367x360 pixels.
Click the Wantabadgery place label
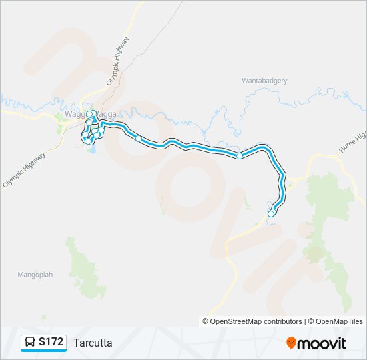point(264,81)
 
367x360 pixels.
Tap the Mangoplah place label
point(34,274)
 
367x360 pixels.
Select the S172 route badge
point(44,342)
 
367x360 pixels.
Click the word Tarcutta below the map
point(93,343)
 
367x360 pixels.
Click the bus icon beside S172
point(31,342)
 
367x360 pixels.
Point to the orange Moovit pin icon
point(291,343)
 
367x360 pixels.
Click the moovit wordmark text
point(322,343)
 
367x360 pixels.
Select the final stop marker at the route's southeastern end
point(271,213)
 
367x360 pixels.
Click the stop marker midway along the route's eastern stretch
point(240,156)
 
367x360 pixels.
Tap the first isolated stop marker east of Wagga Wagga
point(139,139)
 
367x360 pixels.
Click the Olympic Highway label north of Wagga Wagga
point(118,61)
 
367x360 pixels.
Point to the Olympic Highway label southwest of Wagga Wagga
point(24,170)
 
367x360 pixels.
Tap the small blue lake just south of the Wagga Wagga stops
point(91,149)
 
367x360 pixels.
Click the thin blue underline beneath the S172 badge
point(44,351)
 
